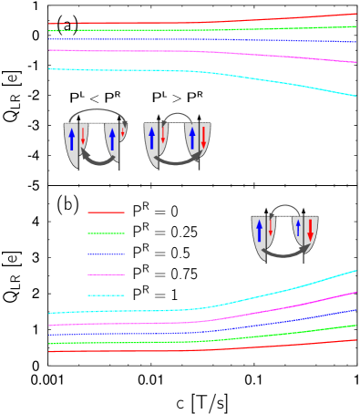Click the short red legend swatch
[x=106, y=212]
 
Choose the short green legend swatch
[x=106, y=233]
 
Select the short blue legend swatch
[x=106, y=254]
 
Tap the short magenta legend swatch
[x=106, y=274]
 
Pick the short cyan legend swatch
[x=106, y=295]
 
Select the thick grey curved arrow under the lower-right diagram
[x=284, y=253]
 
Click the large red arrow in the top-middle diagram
[x=203, y=138]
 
